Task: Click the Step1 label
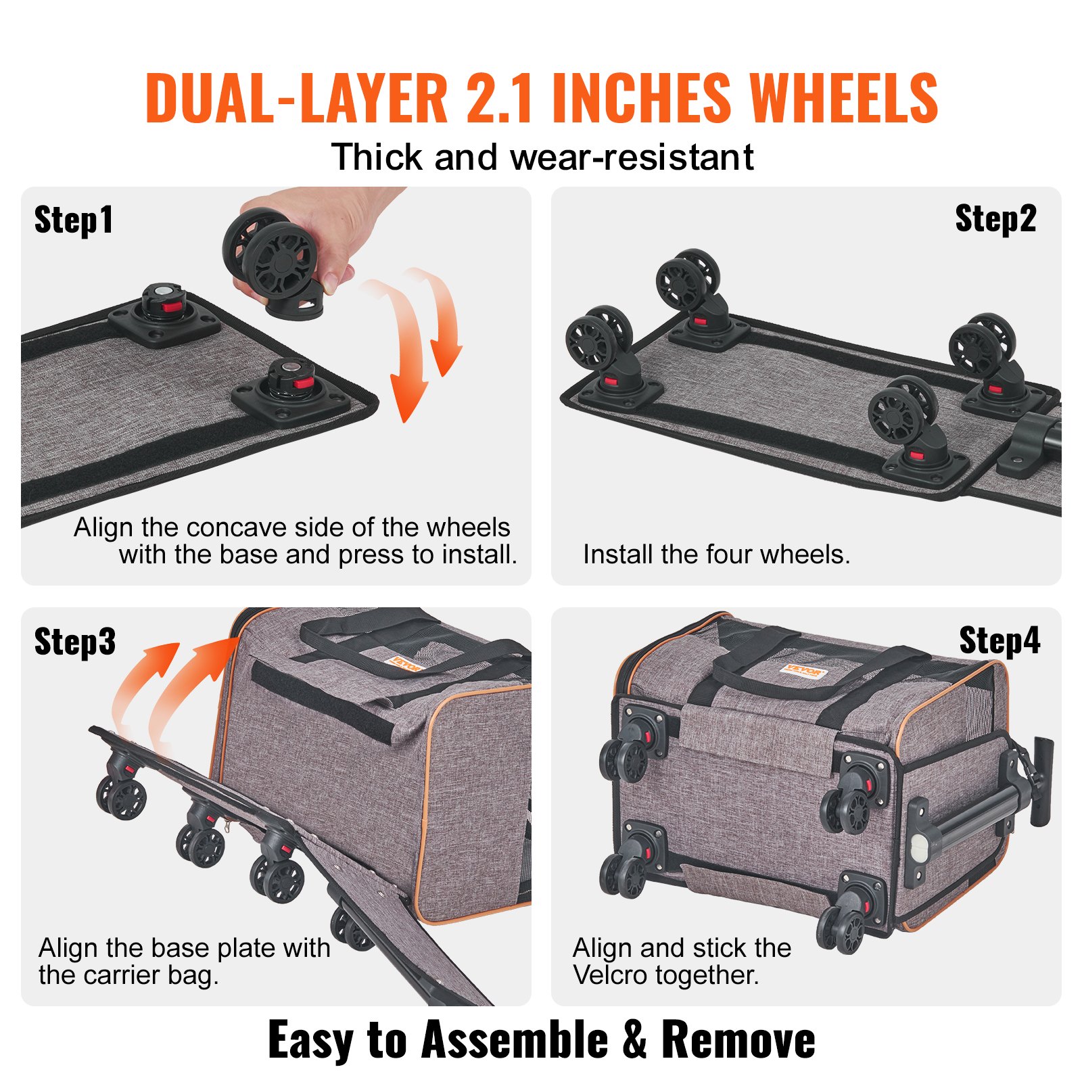click(73, 220)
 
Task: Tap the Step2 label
click(995, 219)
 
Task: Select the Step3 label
click(74, 642)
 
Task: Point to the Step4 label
click(999, 640)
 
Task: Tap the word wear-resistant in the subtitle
click(632, 158)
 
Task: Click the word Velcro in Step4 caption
click(611, 975)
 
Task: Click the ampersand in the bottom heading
click(634, 1039)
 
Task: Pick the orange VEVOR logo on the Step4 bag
click(803, 672)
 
